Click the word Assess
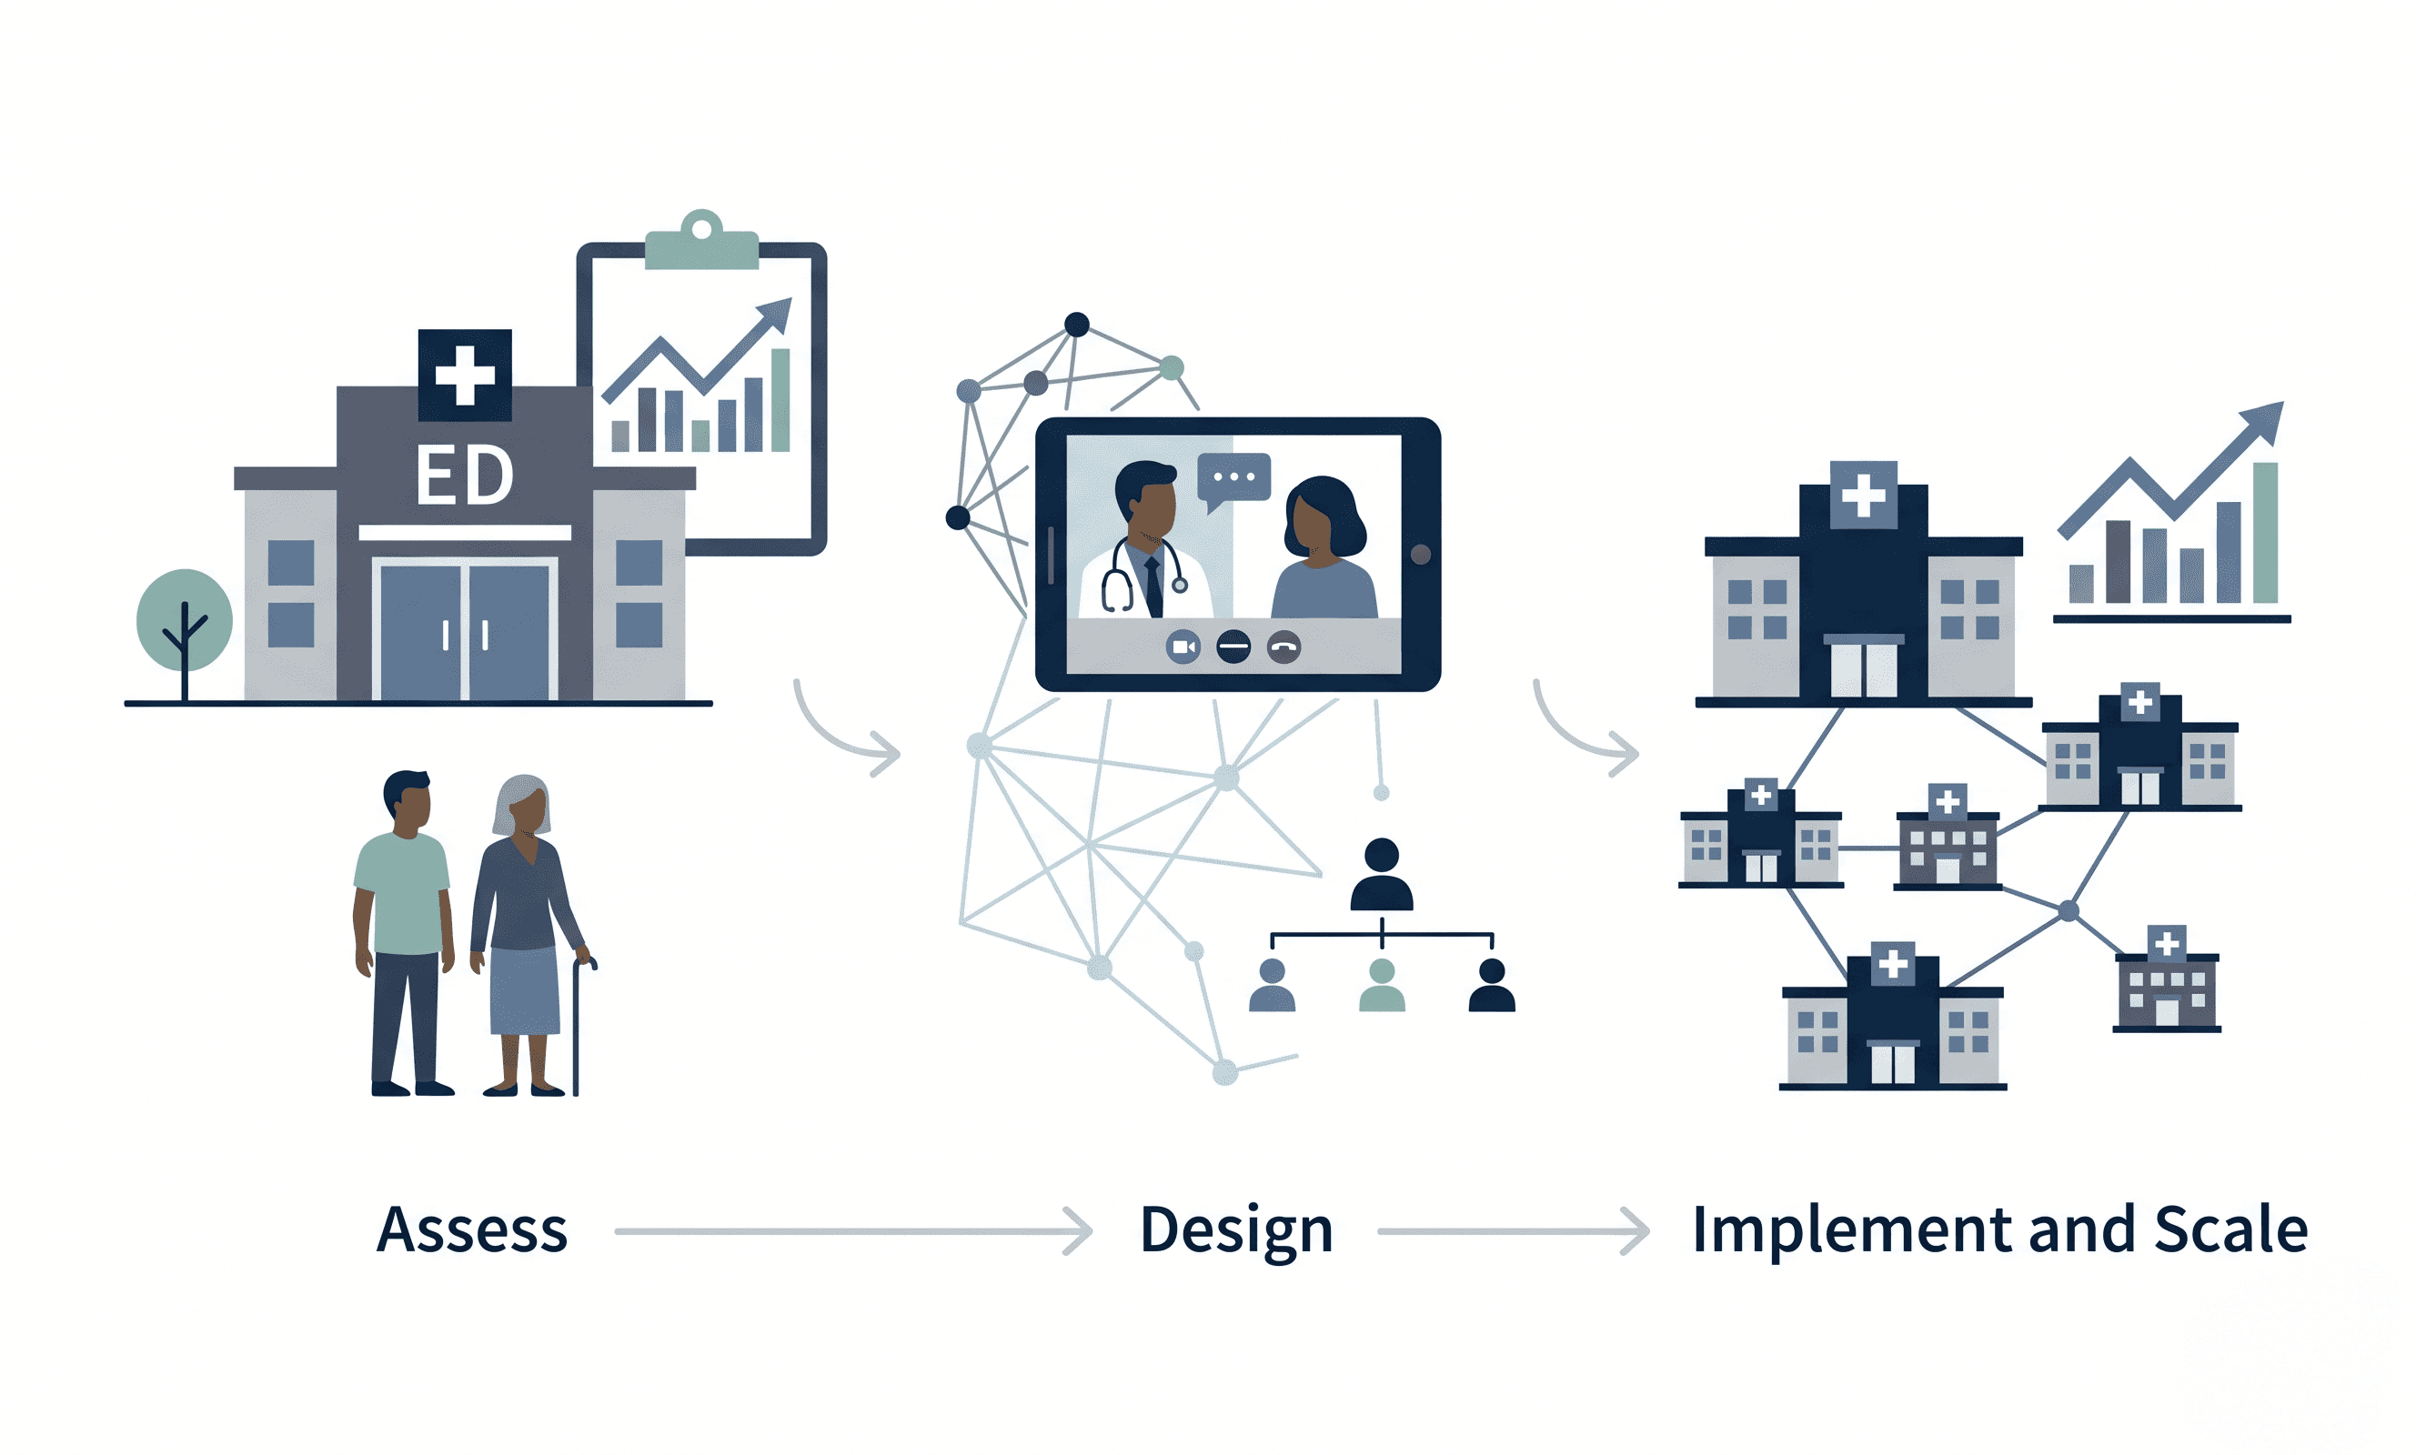tap(471, 1230)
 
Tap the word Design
tap(1235, 1230)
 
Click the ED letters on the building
tap(464, 477)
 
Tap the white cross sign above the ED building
tap(465, 375)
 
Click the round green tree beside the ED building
tap(185, 619)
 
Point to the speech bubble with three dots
tap(1233, 478)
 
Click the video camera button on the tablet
tap(1183, 647)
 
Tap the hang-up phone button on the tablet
tap(1283, 647)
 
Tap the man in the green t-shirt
tap(403, 931)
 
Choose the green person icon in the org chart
tap(1382, 987)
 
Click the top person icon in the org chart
tap(1382, 875)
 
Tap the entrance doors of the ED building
tap(464, 632)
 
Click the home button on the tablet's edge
tap(1421, 555)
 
